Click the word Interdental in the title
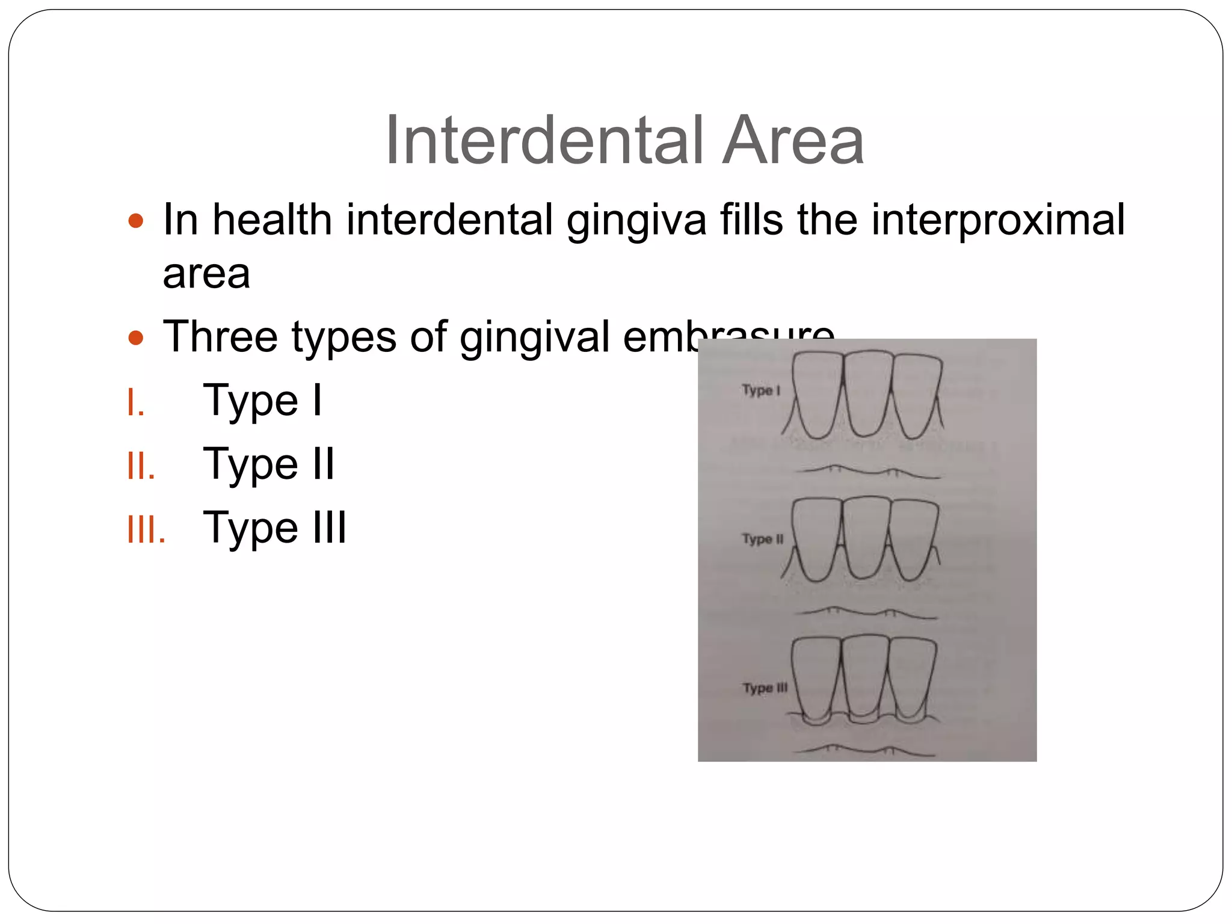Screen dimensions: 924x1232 pyautogui.click(x=544, y=140)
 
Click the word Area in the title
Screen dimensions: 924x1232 pyautogui.click(x=793, y=140)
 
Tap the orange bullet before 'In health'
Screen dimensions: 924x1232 pyautogui.click(x=136, y=221)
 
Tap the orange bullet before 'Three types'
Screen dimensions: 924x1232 pyautogui.click(x=136, y=337)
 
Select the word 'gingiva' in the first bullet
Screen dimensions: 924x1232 pyautogui.click(x=636, y=220)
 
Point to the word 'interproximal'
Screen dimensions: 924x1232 pyautogui.click(x=997, y=220)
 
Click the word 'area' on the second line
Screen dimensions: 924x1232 pyautogui.click(x=206, y=274)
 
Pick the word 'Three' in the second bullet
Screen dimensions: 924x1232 pyautogui.click(x=220, y=336)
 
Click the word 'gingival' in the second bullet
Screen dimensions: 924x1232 pyautogui.click(x=534, y=337)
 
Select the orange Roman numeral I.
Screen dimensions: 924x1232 pyautogui.click(x=135, y=402)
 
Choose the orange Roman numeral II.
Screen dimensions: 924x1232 pyautogui.click(x=141, y=466)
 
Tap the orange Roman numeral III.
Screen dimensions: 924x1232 pyautogui.click(x=146, y=530)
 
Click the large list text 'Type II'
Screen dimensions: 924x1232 pyautogui.click(x=268, y=464)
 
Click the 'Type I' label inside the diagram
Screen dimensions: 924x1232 pyautogui.click(x=761, y=390)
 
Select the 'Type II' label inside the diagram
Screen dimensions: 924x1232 pyautogui.click(x=763, y=539)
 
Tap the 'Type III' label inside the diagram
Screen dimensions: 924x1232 pyautogui.click(x=765, y=688)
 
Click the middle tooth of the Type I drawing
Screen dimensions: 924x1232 pyautogui.click(x=866, y=394)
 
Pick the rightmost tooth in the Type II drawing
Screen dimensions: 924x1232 pyautogui.click(x=913, y=538)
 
